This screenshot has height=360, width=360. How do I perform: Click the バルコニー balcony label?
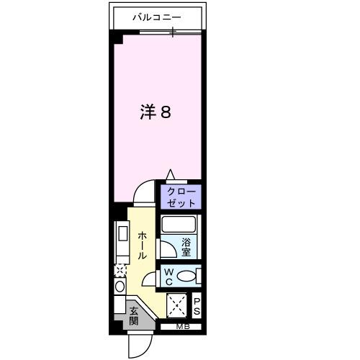158,16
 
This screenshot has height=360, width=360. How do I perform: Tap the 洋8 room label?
155,113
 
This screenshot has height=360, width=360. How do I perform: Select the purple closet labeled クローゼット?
181,197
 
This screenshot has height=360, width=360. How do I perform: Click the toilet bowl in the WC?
186,276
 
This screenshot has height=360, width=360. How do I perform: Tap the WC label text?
167,276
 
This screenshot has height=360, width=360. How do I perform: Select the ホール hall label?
142,245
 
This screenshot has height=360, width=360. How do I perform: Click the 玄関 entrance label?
135,316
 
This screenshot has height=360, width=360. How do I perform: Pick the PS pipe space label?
197,306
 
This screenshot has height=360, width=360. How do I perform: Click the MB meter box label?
176,328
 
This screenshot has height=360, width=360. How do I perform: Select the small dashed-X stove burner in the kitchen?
120,271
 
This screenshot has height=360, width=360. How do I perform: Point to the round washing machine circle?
120,286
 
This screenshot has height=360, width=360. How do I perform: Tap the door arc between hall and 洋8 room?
145,192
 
